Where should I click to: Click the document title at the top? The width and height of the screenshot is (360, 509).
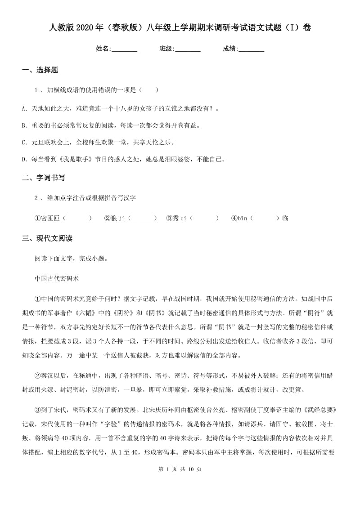click(180, 28)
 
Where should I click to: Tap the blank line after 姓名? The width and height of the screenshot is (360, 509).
click(124, 49)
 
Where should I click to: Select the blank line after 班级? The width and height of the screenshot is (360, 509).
click(188, 49)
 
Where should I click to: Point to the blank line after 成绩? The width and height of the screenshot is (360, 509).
click(251, 49)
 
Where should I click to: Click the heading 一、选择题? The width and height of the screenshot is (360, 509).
click(40, 70)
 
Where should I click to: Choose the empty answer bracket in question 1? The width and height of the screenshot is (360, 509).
click(149, 90)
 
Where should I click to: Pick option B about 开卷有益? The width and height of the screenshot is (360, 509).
click(111, 125)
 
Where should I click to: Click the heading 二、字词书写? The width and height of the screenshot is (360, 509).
click(44, 178)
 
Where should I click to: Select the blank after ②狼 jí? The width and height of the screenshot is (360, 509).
click(142, 219)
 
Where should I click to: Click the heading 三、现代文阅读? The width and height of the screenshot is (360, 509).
click(47, 238)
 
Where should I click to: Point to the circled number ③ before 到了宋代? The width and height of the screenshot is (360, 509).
click(38, 410)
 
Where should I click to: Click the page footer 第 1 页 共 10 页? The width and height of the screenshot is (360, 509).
click(180, 494)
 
